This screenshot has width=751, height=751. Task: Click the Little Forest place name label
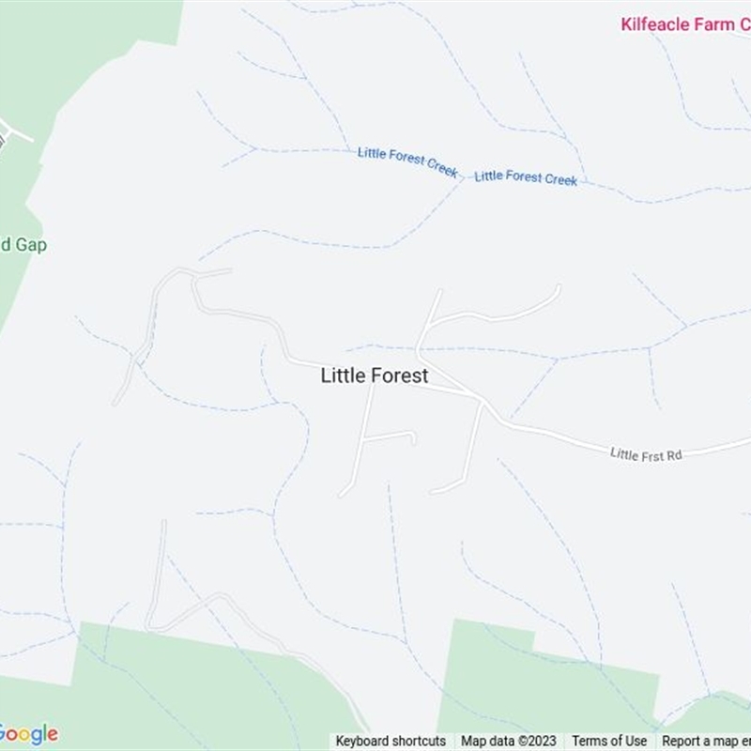[x=375, y=375]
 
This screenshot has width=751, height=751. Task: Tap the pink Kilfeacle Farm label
[x=683, y=24]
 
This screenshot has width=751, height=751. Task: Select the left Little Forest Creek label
[x=407, y=161]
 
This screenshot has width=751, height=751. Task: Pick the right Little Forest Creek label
[x=526, y=177]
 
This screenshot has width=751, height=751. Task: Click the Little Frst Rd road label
[x=645, y=454]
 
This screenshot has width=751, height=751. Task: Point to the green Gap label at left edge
[x=23, y=245]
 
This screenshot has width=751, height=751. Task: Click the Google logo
[x=28, y=734]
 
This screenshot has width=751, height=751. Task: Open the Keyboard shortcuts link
[x=391, y=741]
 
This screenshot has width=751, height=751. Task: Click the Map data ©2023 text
[x=508, y=741]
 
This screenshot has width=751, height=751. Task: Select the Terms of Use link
[x=609, y=741]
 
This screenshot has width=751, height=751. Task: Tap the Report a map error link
[x=705, y=741]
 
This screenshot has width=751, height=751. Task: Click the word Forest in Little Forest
[x=400, y=375]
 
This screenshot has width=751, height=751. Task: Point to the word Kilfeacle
[x=655, y=24]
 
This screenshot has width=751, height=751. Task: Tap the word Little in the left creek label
[x=373, y=153]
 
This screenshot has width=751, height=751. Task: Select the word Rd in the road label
[x=672, y=455]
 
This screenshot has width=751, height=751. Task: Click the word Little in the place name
[x=342, y=375]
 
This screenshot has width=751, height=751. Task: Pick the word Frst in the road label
[x=648, y=454]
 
